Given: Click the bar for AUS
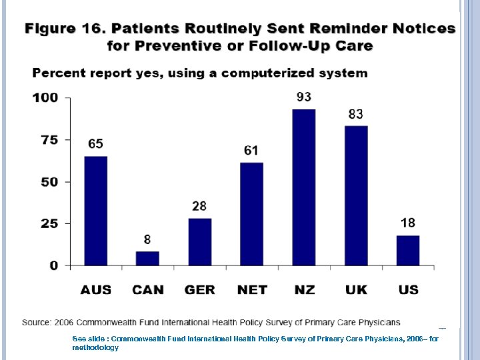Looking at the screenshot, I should tap(95, 211).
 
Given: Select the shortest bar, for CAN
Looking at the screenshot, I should tap(147, 259).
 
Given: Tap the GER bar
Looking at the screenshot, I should tap(199, 242).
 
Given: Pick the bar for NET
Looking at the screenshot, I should tap(251, 214).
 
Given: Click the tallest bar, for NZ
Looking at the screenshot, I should tap(303, 187).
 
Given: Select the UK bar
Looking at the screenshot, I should tap(355, 195).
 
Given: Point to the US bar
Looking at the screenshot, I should tap(407, 251).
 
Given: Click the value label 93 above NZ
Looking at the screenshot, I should tap(303, 97).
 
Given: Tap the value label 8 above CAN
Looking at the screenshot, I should tap(147, 239).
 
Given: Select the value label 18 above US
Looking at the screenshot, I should tap(407, 223).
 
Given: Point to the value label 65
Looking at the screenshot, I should tap(95, 144).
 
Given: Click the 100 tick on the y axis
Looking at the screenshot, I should tap(45, 98).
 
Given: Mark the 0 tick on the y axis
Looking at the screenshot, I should tap(54, 265).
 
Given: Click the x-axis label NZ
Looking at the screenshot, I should tap(303, 290).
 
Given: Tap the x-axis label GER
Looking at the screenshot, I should tap(199, 290).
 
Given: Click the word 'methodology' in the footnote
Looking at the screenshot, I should tap(95, 347).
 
